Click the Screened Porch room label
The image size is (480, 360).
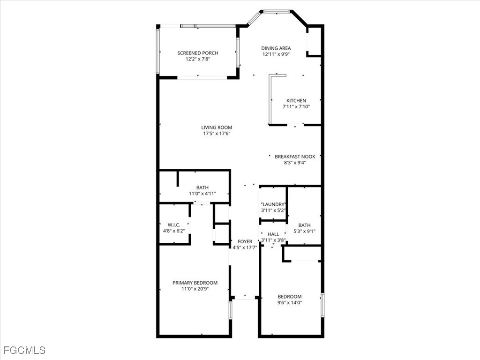197,53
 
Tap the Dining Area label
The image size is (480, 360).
276,48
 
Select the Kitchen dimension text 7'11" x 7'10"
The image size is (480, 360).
296,107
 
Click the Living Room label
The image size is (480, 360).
217,127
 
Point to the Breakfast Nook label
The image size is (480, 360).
295,157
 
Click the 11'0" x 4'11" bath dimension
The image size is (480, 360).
202,194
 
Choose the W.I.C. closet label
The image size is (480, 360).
174,225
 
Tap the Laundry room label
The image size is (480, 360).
273,204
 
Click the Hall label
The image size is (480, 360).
273,234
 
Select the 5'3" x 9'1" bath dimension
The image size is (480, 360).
304,231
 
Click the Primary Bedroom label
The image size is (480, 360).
195,283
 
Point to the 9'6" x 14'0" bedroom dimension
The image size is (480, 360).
290,303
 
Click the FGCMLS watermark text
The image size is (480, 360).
24,350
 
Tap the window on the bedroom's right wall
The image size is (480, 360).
322,306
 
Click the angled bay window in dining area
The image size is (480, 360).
254,18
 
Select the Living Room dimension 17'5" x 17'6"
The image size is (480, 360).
217,134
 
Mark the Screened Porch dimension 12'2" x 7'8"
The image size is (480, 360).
197,59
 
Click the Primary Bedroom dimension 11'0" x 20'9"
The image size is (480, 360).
195,289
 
